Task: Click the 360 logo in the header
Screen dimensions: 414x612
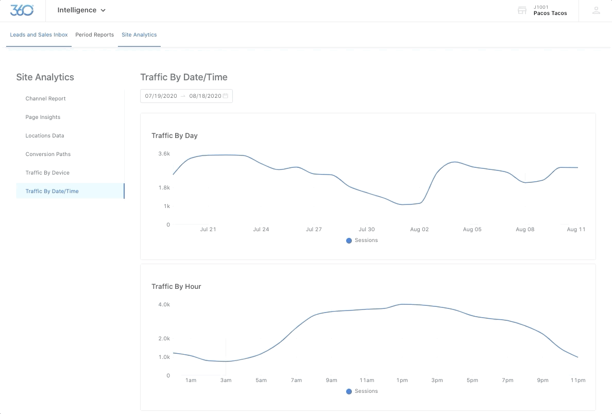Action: [x=22, y=10]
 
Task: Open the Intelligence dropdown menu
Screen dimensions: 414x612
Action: [x=81, y=10]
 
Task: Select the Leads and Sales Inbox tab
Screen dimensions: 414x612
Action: [x=39, y=35]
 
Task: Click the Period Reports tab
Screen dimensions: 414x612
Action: [x=94, y=35]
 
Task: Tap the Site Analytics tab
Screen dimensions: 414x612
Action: [x=139, y=35]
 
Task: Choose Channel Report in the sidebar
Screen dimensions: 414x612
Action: [x=45, y=99]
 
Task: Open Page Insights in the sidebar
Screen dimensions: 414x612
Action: [x=43, y=117]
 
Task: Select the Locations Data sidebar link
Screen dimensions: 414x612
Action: [x=45, y=136]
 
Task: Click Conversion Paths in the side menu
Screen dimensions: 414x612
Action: [x=48, y=154]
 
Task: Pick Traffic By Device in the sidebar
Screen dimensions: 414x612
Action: [x=47, y=173]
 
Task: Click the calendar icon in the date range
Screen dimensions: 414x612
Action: [x=225, y=96]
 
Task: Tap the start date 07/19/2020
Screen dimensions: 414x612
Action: [x=161, y=96]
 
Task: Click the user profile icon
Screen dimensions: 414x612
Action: [x=596, y=10]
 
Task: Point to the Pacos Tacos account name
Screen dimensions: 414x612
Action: [x=550, y=13]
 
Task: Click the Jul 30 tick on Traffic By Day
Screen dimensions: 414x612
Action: [x=367, y=230]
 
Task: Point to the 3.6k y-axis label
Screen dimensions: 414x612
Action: [x=164, y=154]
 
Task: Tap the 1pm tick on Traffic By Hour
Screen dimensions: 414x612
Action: [x=402, y=381]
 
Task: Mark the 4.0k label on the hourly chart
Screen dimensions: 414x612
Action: [x=164, y=305]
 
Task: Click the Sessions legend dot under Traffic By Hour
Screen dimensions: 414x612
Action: [x=349, y=391]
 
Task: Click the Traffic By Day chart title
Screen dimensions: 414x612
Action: [x=175, y=136]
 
